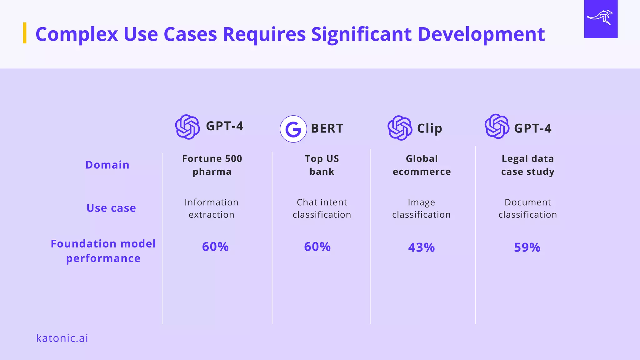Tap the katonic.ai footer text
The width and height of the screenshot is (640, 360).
tap(62, 338)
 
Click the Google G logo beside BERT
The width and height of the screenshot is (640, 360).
tap(293, 129)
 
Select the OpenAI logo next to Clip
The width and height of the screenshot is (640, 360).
tap(400, 128)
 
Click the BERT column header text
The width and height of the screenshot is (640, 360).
tap(327, 128)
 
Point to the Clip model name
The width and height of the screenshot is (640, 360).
tap(429, 128)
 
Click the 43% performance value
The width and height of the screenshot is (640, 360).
tap(421, 247)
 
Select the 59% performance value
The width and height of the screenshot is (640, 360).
tap(527, 247)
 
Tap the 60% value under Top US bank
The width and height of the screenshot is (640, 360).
tap(317, 247)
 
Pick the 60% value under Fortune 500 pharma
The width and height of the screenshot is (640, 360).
tap(215, 247)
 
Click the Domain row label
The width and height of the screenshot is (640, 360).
tap(107, 165)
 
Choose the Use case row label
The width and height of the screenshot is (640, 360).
tap(111, 208)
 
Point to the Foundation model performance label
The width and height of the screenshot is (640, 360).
tap(103, 251)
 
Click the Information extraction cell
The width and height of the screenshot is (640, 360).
tap(212, 208)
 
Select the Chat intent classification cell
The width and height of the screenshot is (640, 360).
tap(322, 208)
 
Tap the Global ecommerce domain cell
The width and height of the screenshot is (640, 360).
tap(422, 165)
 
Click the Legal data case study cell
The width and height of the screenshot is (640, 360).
tap(527, 165)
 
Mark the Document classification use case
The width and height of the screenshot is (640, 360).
tap(527, 208)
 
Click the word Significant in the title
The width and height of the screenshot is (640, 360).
tap(361, 34)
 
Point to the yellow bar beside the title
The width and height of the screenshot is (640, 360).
tap(25, 33)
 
